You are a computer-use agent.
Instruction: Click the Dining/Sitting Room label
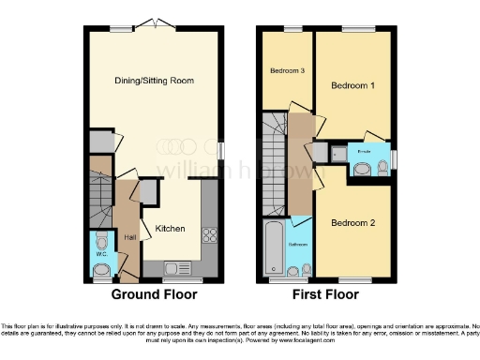tap(154, 81)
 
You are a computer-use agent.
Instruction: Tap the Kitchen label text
tap(170, 228)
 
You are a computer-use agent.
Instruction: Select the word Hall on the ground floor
tap(130, 238)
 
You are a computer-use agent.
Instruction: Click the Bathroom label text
tap(297, 244)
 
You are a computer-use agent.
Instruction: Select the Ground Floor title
tap(155, 293)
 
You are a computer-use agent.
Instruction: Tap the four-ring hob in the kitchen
tap(210, 235)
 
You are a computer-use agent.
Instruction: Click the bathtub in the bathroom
tap(275, 248)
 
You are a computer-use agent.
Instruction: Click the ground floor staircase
tap(97, 192)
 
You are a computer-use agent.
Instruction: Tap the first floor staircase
tap(273, 164)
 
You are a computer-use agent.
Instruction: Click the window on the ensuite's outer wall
tap(394, 160)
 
